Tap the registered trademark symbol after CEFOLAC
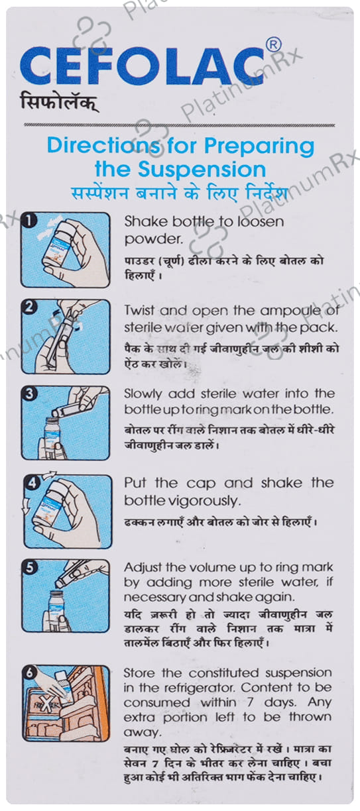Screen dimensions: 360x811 (273, 45)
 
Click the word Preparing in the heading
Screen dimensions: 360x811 (259, 146)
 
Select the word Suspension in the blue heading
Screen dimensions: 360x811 (202, 170)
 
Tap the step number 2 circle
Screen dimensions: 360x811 (29, 307)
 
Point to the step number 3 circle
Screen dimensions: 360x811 (29, 394)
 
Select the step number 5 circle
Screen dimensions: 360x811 (29, 567)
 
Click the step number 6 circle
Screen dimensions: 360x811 (30, 673)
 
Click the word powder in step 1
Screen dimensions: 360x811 (152, 239)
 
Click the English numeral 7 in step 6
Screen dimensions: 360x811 (250, 703)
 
